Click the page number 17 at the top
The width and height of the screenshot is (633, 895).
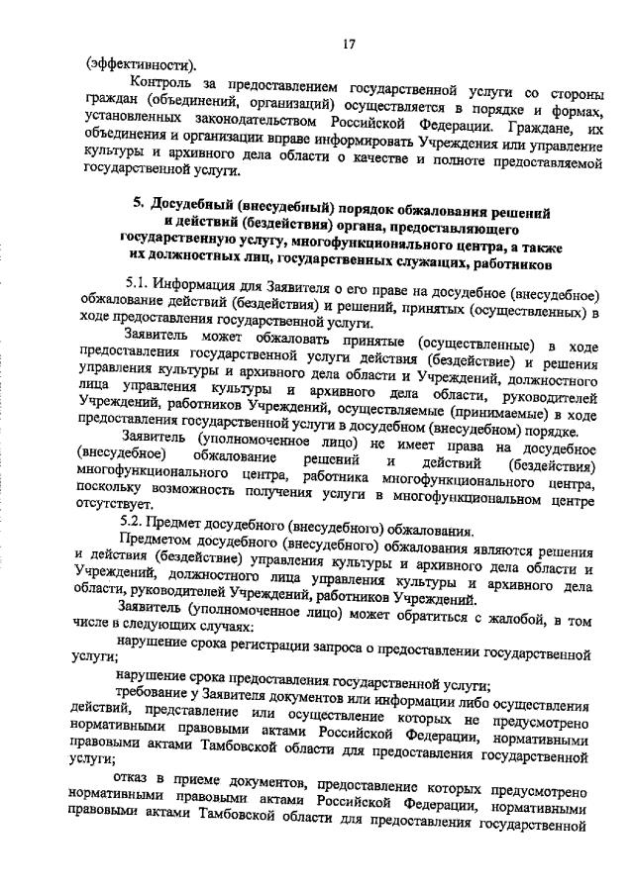coord(349,43)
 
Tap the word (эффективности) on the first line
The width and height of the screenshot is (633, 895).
coord(139,66)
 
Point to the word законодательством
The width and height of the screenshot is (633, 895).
coord(254,127)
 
